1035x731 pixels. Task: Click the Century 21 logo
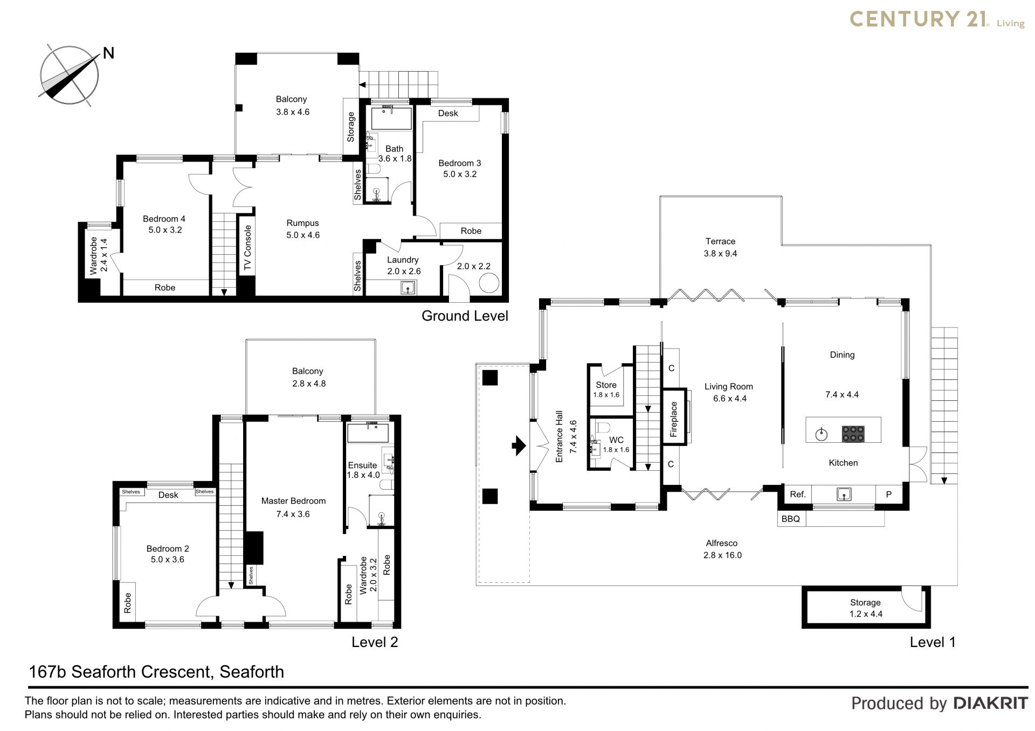tap(937, 19)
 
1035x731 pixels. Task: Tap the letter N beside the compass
tap(108, 53)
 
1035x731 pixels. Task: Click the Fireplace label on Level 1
tap(673, 419)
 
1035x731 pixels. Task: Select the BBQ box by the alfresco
tap(791, 519)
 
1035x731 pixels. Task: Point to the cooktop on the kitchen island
tap(853, 434)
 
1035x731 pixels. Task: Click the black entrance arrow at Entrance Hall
tap(519, 445)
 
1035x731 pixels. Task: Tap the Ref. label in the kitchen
tap(797, 494)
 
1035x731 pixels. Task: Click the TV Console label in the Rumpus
tap(247, 248)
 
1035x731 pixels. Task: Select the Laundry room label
tap(403, 260)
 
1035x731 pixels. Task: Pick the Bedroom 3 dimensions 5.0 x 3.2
tap(460, 174)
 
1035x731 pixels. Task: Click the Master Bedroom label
tap(293, 501)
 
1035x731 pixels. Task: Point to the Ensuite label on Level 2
tap(362, 465)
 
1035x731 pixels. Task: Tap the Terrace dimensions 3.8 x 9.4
tap(720, 253)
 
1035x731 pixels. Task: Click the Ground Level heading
tap(465, 316)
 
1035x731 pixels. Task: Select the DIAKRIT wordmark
tap(990, 703)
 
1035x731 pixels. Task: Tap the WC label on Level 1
tap(616, 440)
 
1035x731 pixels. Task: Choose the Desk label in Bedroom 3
tap(448, 113)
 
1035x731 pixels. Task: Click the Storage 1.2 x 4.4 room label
tap(865, 608)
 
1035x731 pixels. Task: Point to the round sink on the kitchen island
tap(821, 434)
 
